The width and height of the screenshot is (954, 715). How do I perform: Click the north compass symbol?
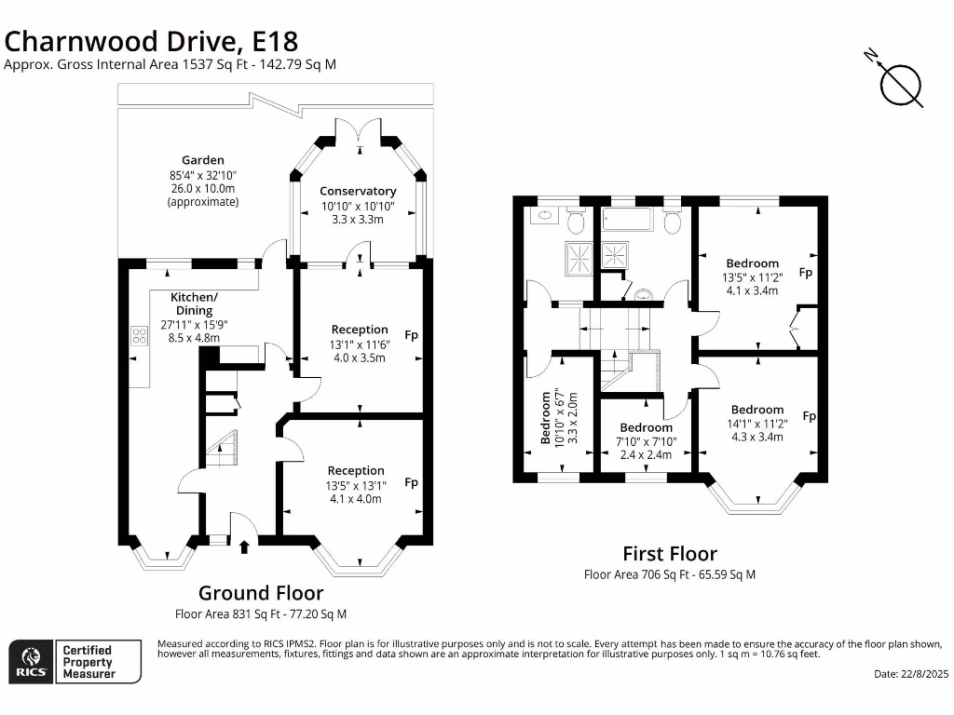click(901, 85)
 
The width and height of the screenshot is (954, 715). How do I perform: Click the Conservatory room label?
click(359, 191)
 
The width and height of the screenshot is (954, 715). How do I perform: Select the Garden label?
click(202, 160)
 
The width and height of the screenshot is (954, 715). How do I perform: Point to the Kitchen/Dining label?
click(194, 304)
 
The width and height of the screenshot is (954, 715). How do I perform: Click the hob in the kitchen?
click(141, 336)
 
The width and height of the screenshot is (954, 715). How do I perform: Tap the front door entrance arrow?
click(244, 546)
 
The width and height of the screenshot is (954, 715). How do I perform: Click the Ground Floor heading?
click(261, 593)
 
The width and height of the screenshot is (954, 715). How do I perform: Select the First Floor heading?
click(669, 555)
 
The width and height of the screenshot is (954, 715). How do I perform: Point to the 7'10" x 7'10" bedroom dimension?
click(647, 442)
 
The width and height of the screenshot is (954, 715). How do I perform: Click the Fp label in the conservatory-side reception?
click(411, 334)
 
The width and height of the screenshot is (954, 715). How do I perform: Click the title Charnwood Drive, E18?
click(152, 41)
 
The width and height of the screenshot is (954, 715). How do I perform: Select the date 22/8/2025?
click(910, 673)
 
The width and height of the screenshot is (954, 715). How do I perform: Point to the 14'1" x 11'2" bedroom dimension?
click(757, 424)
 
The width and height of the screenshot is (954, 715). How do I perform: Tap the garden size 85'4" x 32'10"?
click(202, 175)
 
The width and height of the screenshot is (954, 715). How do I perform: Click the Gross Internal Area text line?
click(170, 64)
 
